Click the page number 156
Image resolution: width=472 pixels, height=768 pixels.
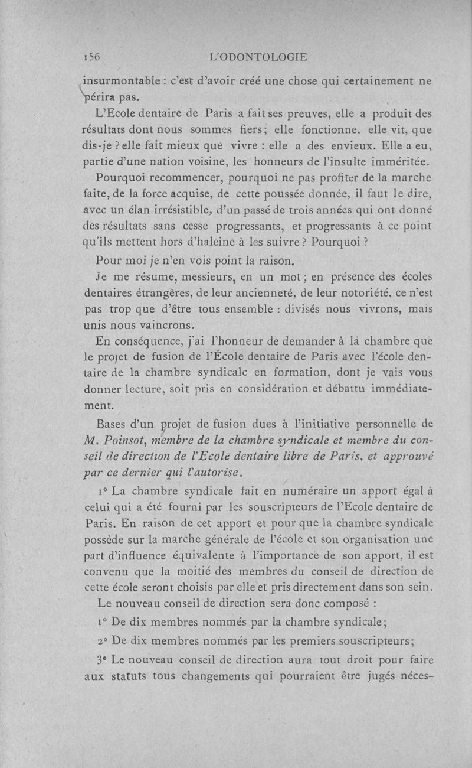click(x=92, y=57)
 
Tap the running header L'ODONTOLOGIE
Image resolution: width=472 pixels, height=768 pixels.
click(x=259, y=57)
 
